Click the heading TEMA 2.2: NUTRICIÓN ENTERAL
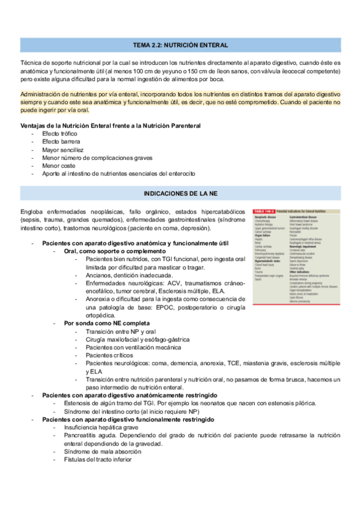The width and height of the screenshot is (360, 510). (x=180, y=45)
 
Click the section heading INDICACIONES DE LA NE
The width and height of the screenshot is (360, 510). (x=180, y=194)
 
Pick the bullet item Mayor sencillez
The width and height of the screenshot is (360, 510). (x=63, y=149)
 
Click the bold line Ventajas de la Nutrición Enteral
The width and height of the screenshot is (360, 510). (x=111, y=124)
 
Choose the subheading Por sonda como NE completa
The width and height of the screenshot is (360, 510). (x=107, y=323)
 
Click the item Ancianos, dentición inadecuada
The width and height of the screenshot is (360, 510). (x=127, y=275)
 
